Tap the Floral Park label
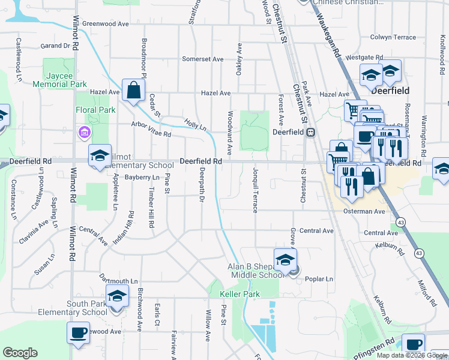coord(95,110)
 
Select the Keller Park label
coord(240,294)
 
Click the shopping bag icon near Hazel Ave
coord(133,91)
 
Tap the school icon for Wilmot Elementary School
coord(100,156)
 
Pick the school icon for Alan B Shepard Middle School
coord(285,260)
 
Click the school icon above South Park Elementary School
coord(116,296)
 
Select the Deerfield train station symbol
coord(311,133)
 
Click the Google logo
coord(20,352)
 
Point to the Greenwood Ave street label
coord(106,24)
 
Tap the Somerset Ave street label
coord(203,59)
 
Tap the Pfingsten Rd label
coord(378,343)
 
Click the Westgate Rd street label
coord(364,57)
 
